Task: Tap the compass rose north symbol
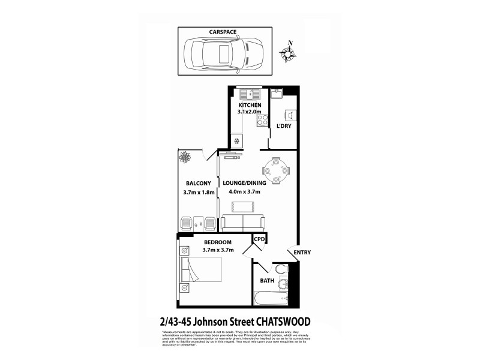point(290,52)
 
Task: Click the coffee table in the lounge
point(242,207)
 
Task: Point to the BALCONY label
point(197,183)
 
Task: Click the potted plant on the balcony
point(184,157)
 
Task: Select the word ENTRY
point(302,253)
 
